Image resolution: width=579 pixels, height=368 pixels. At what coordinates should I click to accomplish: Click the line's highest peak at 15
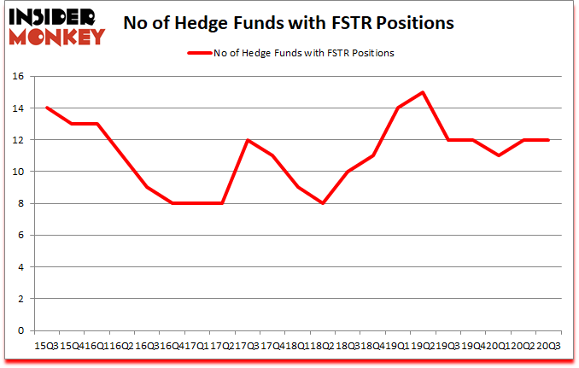pyautogui.click(x=423, y=92)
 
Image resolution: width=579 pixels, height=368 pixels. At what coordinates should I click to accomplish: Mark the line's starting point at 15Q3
pyautogui.click(x=46, y=108)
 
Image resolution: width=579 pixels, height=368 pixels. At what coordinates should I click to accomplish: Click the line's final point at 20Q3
pyautogui.click(x=547, y=140)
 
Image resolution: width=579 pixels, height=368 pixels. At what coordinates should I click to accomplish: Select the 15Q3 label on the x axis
pyautogui.click(x=46, y=345)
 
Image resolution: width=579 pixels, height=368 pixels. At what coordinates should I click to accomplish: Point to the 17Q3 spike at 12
pyautogui.click(x=247, y=140)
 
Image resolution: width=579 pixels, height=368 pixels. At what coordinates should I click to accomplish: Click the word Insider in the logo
pyautogui.click(x=54, y=16)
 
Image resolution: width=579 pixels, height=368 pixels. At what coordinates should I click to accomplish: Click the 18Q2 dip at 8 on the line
pyautogui.click(x=322, y=203)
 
